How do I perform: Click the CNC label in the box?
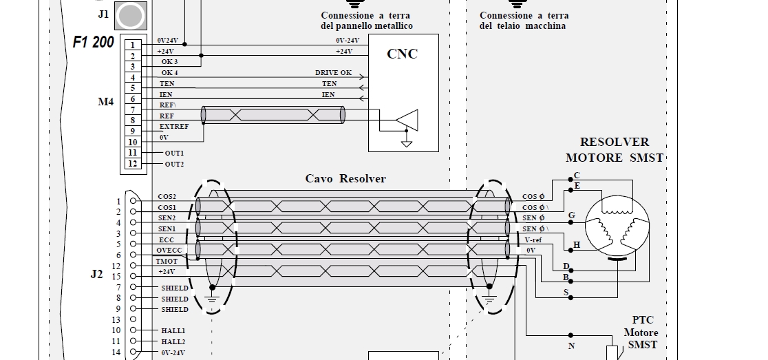coord(403,54)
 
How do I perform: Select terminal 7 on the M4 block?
coord(131,110)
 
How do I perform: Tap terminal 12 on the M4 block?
coord(131,164)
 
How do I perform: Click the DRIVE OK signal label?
coord(333,72)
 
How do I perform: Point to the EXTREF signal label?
coord(173,127)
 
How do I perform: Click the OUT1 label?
coord(174,153)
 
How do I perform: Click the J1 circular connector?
coord(130,14)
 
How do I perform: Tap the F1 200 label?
coord(94,41)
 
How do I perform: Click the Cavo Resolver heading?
coord(345,179)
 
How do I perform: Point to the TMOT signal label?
coord(167,262)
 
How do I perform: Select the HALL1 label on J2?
coord(173,331)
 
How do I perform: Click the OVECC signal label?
coord(169,251)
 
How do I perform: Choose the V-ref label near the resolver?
coord(534,240)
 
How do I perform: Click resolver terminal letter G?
coord(571,215)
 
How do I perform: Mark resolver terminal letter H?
coord(577,245)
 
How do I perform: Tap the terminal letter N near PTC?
coord(571,346)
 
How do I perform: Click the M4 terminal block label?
coord(105,103)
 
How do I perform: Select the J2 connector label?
coord(96,274)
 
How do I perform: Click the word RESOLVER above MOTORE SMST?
coord(614,142)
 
